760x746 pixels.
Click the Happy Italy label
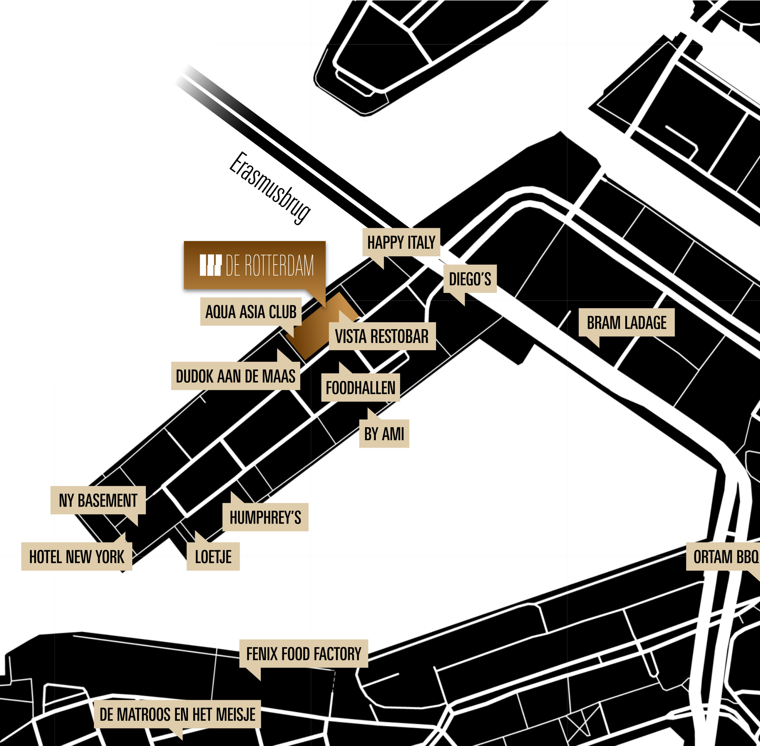click(x=401, y=242)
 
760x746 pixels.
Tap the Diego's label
click(x=470, y=279)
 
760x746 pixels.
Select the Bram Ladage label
click(x=626, y=323)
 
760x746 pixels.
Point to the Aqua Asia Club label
click(x=251, y=312)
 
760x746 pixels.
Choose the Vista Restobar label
click(x=382, y=336)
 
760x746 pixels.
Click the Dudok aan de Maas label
click(x=236, y=376)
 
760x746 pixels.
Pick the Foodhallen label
click(x=361, y=388)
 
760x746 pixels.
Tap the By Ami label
click(x=384, y=434)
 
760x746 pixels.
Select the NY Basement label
click(x=98, y=500)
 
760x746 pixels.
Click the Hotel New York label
click(x=77, y=556)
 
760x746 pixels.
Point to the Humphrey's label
click(x=265, y=517)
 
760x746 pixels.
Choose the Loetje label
click(x=213, y=556)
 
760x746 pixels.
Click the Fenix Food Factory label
click(x=304, y=653)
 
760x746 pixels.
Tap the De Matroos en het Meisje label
click(x=177, y=714)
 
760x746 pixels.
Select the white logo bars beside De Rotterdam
click(x=210, y=265)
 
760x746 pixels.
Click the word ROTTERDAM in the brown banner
click(x=279, y=265)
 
